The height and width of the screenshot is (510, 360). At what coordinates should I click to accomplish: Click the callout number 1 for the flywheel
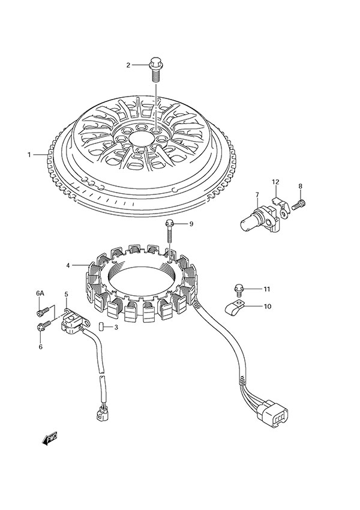pyautogui.click(x=29, y=155)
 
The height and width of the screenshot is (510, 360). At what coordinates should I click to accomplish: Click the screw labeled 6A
pyautogui.click(x=41, y=311)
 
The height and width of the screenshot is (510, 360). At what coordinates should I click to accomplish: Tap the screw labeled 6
pyautogui.click(x=41, y=327)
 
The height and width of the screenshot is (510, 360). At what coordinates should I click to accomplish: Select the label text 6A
pyautogui.click(x=40, y=293)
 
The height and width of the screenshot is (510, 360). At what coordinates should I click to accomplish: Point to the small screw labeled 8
pyautogui.click(x=300, y=205)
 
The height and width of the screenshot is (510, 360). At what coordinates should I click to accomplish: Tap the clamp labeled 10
pyautogui.click(x=235, y=308)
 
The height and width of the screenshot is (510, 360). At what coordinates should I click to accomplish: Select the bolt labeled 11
pyautogui.click(x=239, y=290)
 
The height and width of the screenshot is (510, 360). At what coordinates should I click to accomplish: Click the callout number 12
pyautogui.click(x=275, y=182)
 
